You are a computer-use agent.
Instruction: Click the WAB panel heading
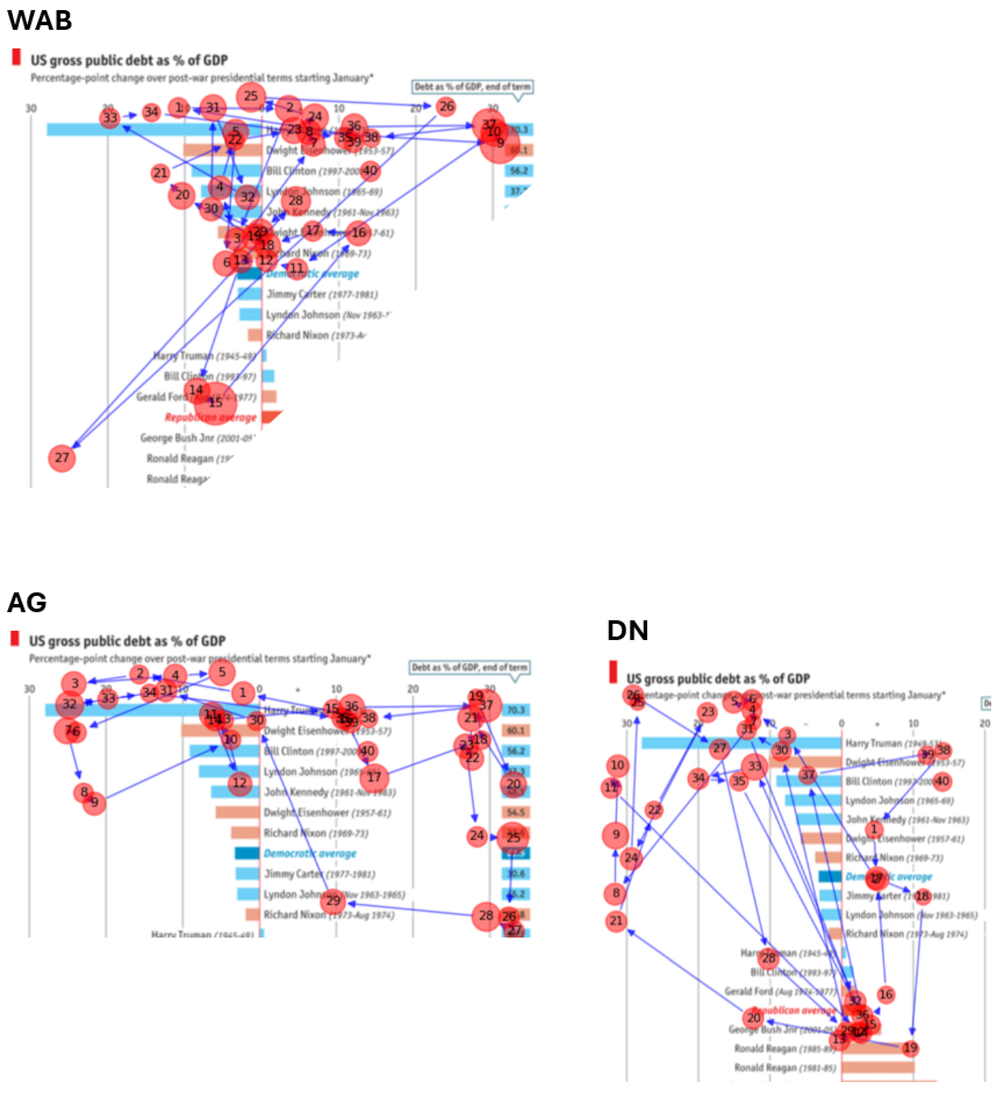40,21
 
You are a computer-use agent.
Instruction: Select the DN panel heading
627,631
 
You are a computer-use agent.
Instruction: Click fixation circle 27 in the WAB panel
62,458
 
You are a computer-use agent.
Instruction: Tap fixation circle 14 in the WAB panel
196,390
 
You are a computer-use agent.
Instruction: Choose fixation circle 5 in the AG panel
222,673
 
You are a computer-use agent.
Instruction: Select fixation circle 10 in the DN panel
617,765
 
